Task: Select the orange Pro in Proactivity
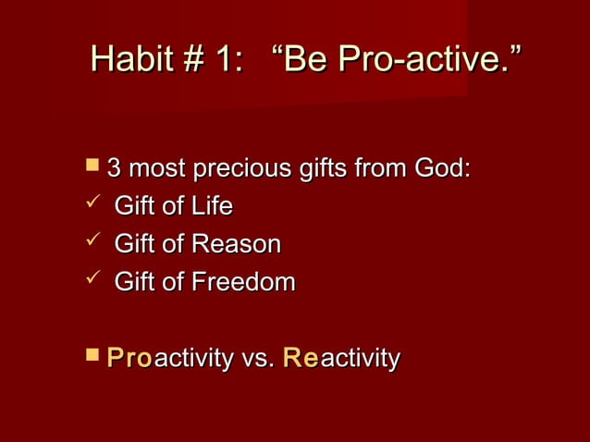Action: [x=129, y=358]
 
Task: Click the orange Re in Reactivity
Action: [x=300, y=358]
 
